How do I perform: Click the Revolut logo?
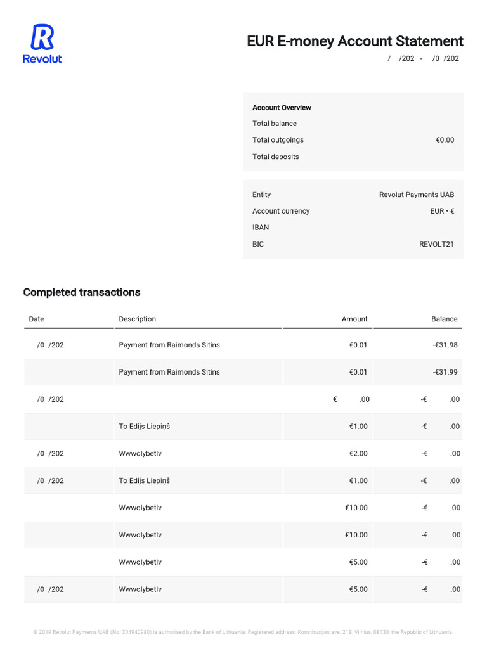[42, 43]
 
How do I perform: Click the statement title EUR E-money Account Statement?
[354, 41]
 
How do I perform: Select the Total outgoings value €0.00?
[445, 140]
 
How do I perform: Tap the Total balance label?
[274, 124]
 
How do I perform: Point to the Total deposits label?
[275, 157]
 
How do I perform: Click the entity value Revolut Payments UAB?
[416, 195]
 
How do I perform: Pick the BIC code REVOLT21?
[436, 244]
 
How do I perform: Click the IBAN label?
[260, 228]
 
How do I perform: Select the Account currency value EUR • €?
[441, 211]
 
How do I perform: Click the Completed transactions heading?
[82, 292]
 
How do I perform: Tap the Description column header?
[137, 319]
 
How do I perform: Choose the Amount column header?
[354, 319]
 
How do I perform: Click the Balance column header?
[444, 319]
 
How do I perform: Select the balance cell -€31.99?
[445, 372]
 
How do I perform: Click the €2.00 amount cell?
[358, 454]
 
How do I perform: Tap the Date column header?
[36, 319]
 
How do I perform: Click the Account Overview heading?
[282, 108]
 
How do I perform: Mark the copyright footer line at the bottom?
[243, 632]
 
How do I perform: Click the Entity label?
[261, 195]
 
